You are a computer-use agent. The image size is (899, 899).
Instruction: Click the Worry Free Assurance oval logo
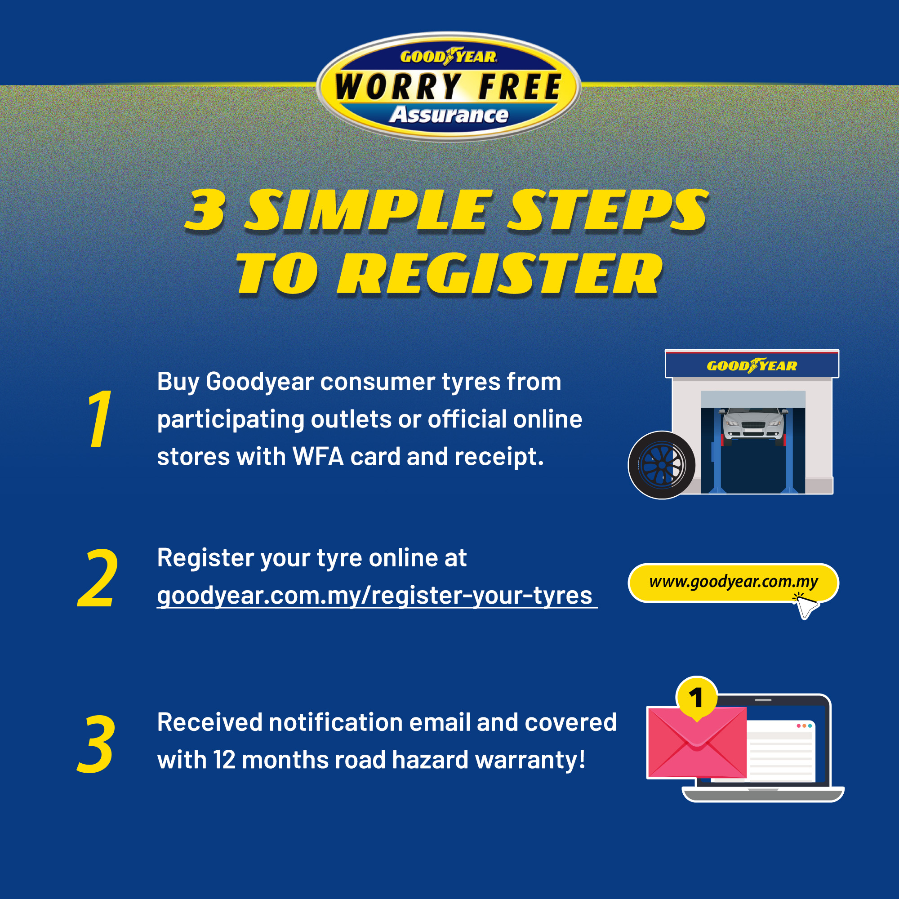click(449, 87)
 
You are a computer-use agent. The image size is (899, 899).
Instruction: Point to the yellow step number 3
click(96, 743)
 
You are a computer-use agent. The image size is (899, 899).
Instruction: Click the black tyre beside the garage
click(662, 465)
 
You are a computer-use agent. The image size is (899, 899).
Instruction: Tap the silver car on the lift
click(753, 423)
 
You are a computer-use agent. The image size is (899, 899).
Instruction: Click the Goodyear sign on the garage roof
click(752, 365)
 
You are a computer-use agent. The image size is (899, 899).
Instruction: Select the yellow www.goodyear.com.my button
click(733, 583)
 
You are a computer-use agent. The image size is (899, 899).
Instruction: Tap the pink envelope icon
click(697, 742)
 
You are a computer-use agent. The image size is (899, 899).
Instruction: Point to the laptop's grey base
click(763, 794)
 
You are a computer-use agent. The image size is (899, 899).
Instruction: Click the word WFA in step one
click(318, 457)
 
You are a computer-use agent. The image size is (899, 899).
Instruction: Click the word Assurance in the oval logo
click(449, 115)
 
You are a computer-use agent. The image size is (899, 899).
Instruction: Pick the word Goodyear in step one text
click(260, 383)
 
